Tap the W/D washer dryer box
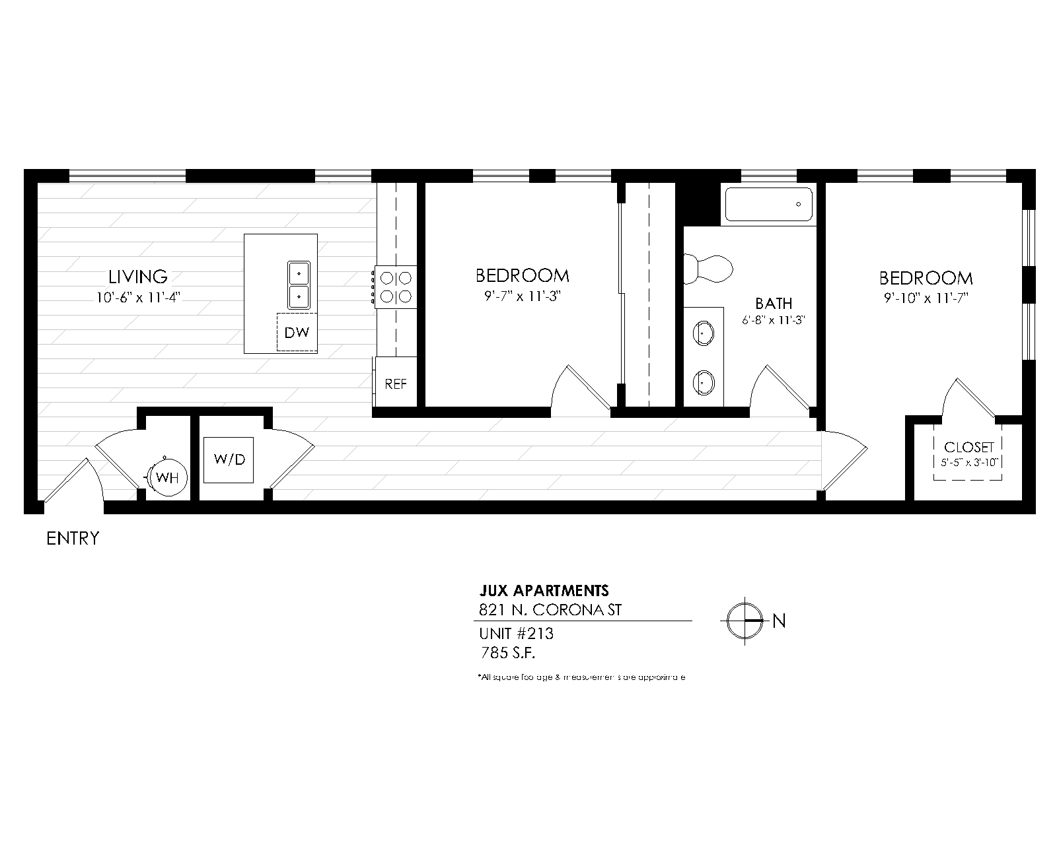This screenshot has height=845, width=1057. (x=229, y=459)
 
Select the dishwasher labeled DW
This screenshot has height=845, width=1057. (x=297, y=332)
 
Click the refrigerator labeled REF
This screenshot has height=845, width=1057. (x=396, y=384)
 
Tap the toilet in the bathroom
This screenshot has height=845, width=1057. (x=708, y=269)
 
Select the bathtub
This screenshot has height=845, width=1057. (x=769, y=204)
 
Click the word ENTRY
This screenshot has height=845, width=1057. (x=73, y=539)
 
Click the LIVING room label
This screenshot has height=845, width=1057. (x=138, y=276)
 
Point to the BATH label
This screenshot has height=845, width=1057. (x=774, y=304)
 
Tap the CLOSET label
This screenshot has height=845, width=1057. (x=969, y=448)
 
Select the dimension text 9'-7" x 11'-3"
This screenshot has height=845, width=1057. (x=523, y=296)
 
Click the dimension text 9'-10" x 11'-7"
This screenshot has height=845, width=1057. (x=926, y=298)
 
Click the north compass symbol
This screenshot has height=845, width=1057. (x=745, y=621)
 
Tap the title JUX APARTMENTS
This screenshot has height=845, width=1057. (x=543, y=590)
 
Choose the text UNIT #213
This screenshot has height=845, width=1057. (x=516, y=634)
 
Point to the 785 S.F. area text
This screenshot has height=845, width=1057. (x=507, y=654)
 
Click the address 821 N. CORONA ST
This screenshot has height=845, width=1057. (x=550, y=609)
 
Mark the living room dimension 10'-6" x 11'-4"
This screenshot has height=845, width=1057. (x=138, y=297)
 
